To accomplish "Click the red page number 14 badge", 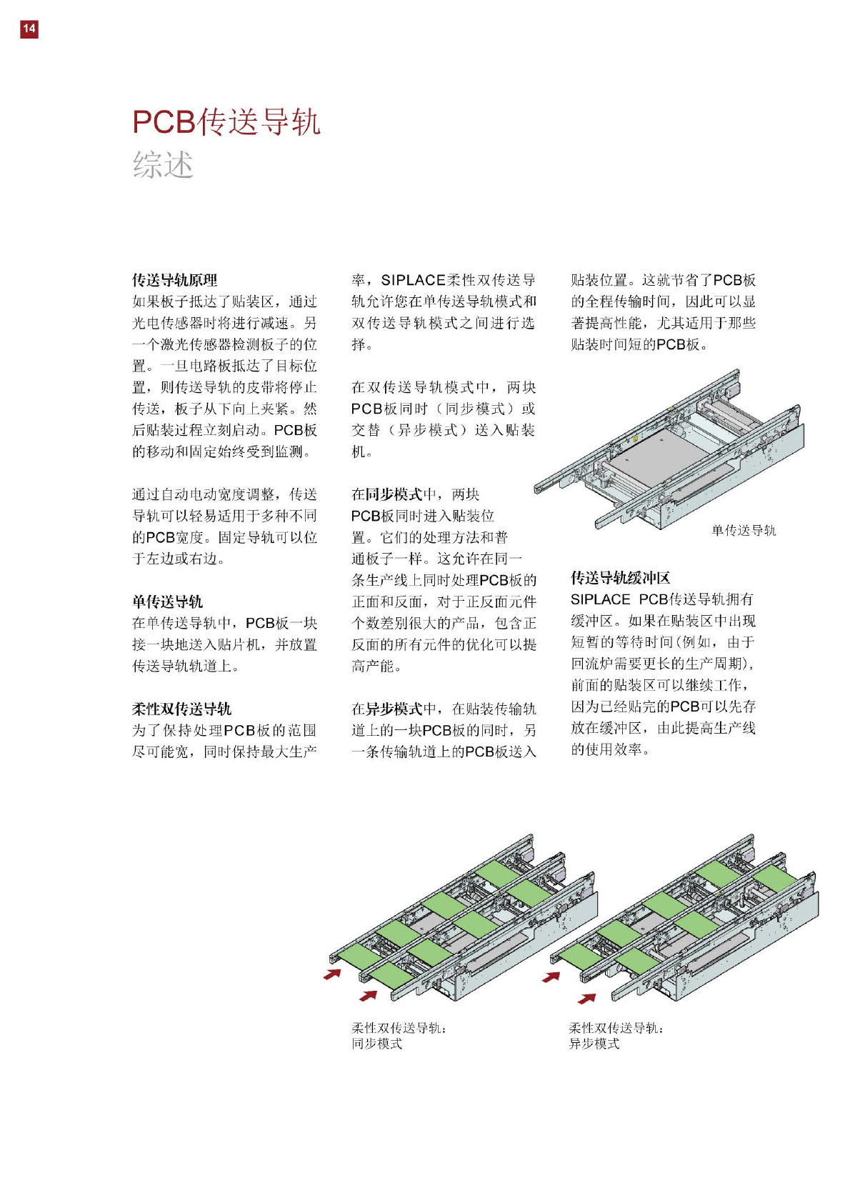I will click(29, 29).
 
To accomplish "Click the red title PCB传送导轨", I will click(226, 121).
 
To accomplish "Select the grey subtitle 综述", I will click(163, 164).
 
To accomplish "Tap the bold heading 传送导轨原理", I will click(174, 280).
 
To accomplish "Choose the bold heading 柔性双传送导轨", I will click(181, 709).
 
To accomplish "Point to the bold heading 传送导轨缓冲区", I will click(620, 578).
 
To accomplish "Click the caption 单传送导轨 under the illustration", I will click(743, 530).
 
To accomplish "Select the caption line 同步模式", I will click(376, 1044).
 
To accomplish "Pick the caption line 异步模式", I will click(594, 1044).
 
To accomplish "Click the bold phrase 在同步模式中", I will click(394, 494).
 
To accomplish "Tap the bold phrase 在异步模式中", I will click(394, 709).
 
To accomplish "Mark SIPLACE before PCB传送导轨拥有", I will click(600, 599).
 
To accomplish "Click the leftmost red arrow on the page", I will click(332, 974).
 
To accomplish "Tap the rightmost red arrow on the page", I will click(586, 998).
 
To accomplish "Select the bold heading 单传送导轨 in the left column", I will click(167, 601).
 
